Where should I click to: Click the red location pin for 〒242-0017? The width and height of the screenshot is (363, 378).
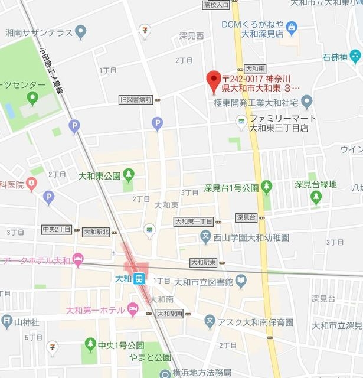coord(213,81)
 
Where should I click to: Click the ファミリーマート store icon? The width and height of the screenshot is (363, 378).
coord(241,122)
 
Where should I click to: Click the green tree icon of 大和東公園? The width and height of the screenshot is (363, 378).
coord(129,175)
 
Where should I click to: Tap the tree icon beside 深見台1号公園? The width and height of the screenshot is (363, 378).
coord(267,188)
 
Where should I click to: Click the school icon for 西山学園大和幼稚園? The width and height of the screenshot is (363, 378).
coord(205,238)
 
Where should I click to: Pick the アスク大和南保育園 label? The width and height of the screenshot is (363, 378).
coord(255,322)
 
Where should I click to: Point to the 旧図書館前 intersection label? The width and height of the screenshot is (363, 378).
coord(135,99)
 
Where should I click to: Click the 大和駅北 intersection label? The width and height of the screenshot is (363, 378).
coord(96,232)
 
